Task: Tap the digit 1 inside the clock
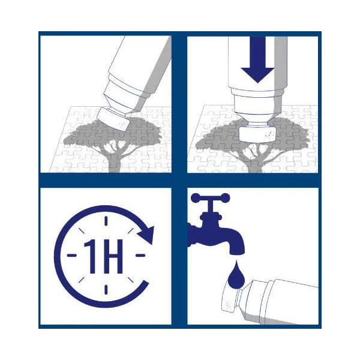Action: (91, 256)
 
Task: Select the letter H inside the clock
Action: (113, 256)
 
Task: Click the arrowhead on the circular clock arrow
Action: (146, 235)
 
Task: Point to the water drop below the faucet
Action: (236, 275)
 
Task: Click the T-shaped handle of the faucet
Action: (211, 202)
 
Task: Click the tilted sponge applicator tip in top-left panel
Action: (113, 119)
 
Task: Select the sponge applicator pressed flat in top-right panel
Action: (257, 134)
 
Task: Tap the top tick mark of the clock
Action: (106, 221)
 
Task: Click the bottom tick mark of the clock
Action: (106, 290)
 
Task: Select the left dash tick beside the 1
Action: (71, 255)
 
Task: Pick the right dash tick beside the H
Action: (140, 255)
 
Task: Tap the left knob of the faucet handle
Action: (196, 198)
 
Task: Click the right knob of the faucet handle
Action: (225, 198)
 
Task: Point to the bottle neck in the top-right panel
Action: (257, 122)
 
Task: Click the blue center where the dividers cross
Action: (179, 181)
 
